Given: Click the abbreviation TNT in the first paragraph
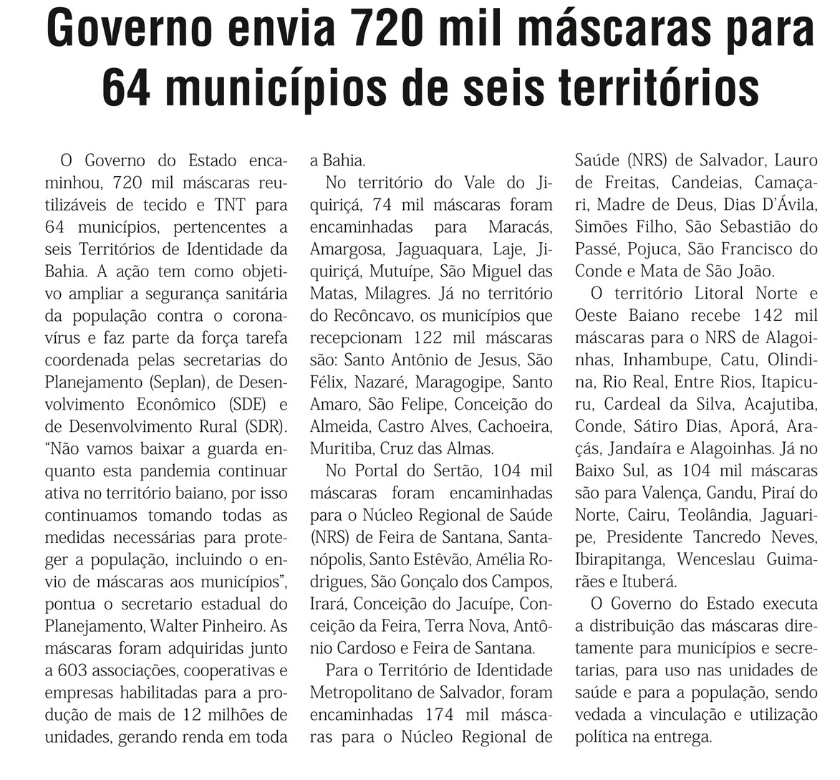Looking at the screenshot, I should [x=230, y=206].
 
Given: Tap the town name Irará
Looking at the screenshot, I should [x=329, y=605].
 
